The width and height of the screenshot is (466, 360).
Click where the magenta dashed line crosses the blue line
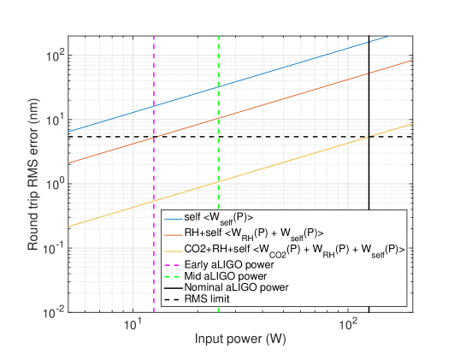153,105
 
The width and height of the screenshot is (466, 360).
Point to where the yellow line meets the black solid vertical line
369,137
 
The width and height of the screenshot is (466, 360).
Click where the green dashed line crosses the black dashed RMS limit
219,137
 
